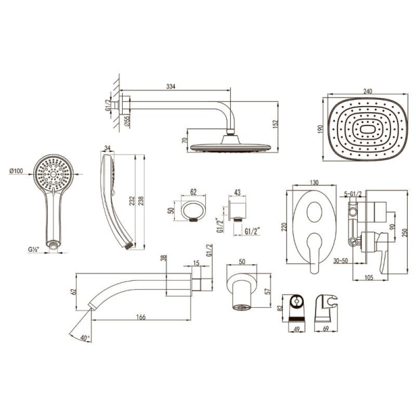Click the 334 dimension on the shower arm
[171, 86]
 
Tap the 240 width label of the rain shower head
[368, 91]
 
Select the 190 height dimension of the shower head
[321, 129]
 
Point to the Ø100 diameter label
[17, 171]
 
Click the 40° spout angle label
[85, 338]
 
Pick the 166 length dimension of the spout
[141, 317]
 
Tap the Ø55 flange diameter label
[127, 121]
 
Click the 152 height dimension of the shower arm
[276, 124]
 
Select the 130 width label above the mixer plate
[314, 183]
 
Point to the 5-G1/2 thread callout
[353, 194]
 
